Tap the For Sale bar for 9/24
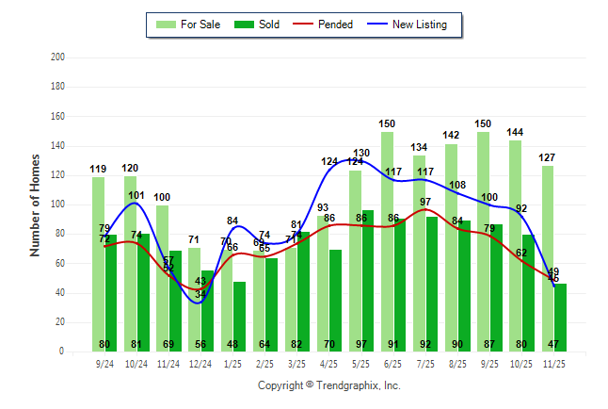[98, 264]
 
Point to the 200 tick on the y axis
[58, 57]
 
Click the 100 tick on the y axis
[58, 204]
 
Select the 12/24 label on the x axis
[200, 363]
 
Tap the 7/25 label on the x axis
[424, 363]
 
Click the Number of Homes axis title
[36, 204]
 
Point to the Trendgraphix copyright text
[329, 385]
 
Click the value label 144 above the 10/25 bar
[515, 132]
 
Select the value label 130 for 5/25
[361, 153]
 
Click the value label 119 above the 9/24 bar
[98, 169]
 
